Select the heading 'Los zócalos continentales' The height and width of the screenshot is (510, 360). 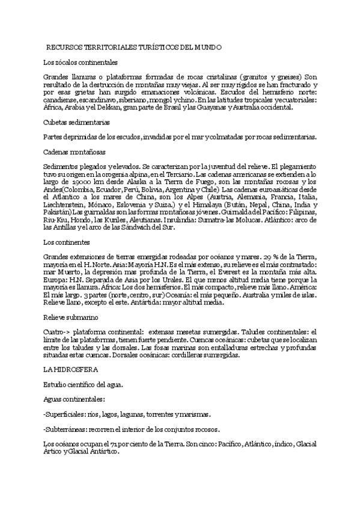click(81, 62)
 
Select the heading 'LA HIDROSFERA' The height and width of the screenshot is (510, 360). click(67, 368)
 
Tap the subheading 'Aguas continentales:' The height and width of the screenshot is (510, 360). click(75, 399)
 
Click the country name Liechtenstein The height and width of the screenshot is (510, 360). click(68, 205)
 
